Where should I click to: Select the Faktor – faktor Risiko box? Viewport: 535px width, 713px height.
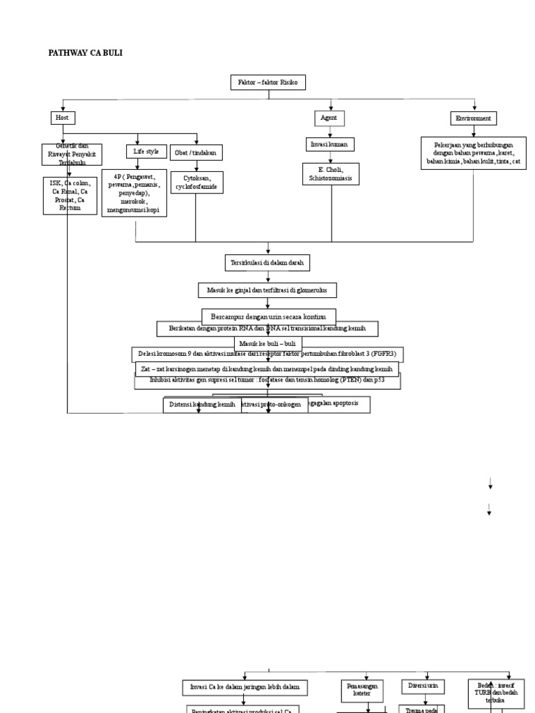point(267,83)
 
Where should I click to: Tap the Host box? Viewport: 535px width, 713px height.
point(63,118)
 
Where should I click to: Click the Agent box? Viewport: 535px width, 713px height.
point(328,118)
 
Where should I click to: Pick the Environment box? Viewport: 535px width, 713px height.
point(473,118)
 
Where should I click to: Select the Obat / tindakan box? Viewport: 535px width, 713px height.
point(194,152)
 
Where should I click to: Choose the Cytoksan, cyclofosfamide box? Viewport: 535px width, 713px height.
point(199,182)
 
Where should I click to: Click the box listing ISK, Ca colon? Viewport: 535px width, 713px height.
point(69,195)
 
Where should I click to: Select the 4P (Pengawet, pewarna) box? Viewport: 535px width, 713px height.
point(134,193)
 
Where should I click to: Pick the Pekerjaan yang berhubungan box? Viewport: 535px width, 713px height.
point(474,152)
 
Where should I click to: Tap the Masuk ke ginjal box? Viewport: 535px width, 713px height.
point(267,290)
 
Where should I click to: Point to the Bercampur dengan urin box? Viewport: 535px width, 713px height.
point(268,315)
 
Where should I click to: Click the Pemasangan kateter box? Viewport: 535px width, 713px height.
point(362,689)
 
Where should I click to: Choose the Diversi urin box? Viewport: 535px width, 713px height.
point(424,687)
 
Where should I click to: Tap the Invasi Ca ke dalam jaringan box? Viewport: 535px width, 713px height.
point(244,687)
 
